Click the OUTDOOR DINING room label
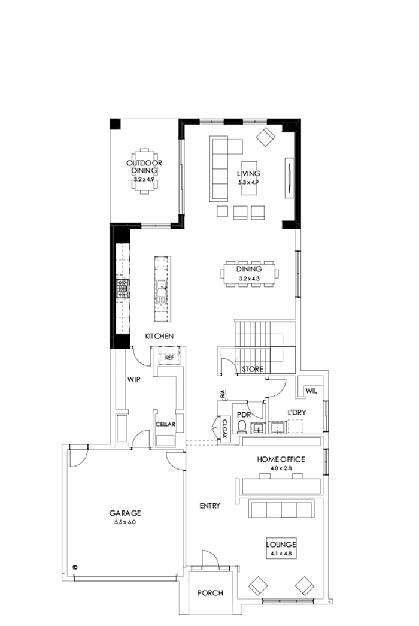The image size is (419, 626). click(x=144, y=166)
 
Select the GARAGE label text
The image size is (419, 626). click(x=125, y=513)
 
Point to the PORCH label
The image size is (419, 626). click(x=210, y=593)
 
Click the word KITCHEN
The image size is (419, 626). click(x=159, y=337)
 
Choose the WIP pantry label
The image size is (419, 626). click(x=133, y=379)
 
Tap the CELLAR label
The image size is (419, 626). click(x=165, y=424)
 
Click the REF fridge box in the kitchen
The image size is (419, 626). click(x=169, y=358)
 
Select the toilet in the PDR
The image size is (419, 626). click(x=242, y=427)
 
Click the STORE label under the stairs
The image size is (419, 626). click(x=252, y=370)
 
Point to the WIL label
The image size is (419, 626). click(x=310, y=391)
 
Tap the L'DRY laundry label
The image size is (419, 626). click(x=297, y=413)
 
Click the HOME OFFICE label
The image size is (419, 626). click(x=281, y=459)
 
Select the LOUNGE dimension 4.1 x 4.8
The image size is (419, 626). click(x=281, y=554)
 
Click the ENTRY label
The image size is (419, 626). click(x=209, y=506)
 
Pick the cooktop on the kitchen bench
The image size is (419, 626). click(x=123, y=289)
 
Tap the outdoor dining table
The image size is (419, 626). click(x=144, y=171)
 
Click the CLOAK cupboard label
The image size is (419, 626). click(x=224, y=430)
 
